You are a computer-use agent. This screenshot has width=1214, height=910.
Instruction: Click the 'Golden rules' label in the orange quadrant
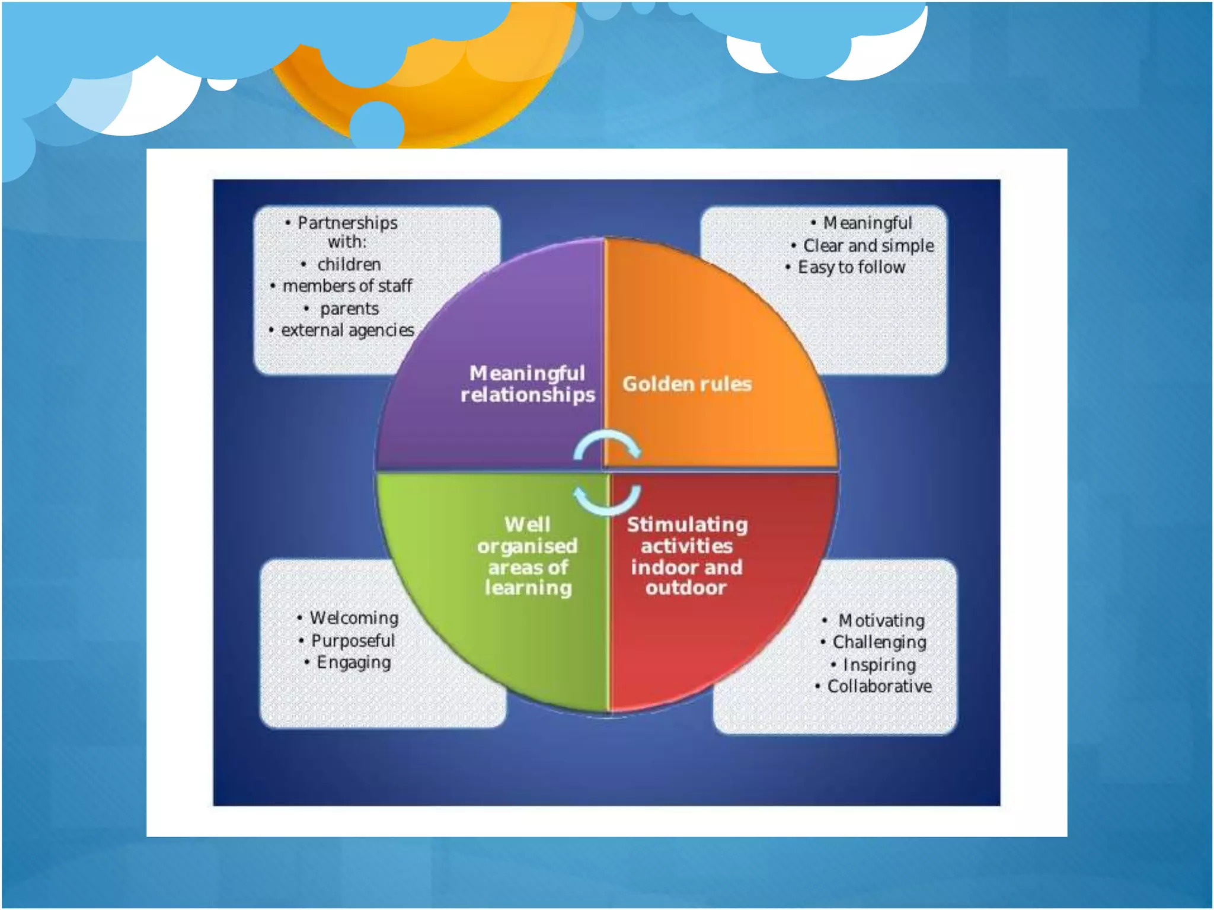tap(687, 384)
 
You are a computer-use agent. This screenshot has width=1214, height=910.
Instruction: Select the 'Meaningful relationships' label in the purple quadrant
tap(528, 384)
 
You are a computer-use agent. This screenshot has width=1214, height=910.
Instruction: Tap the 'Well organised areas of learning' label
tap(528, 556)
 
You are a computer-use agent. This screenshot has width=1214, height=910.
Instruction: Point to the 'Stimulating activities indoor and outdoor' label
tap(687, 556)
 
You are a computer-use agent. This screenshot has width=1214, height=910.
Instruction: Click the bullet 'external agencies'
tap(347, 330)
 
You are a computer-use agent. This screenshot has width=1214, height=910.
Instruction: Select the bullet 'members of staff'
tap(347, 286)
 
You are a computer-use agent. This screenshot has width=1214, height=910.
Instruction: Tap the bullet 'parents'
tap(349, 309)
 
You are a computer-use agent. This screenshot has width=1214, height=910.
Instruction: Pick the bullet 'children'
tap(349, 264)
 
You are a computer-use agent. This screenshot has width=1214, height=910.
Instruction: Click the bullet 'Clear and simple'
tap(868, 245)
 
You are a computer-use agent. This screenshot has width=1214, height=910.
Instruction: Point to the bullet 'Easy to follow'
tap(851, 267)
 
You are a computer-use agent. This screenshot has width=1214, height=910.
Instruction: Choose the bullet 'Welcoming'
tap(354, 618)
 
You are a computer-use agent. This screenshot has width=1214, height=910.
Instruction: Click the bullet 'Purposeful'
tap(353, 640)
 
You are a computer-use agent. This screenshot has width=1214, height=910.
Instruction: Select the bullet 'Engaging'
tap(354, 662)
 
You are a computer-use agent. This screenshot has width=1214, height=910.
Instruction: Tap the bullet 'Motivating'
tap(881, 620)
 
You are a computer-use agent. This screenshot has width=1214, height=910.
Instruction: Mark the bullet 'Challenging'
tap(880, 642)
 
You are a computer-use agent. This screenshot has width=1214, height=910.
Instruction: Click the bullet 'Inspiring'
tap(879, 665)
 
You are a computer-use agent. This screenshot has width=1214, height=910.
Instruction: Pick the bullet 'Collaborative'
tap(880, 687)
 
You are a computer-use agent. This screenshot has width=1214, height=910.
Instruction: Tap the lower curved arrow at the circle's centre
tap(607, 501)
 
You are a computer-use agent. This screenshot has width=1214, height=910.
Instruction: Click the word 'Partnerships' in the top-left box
tap(347, 223)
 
